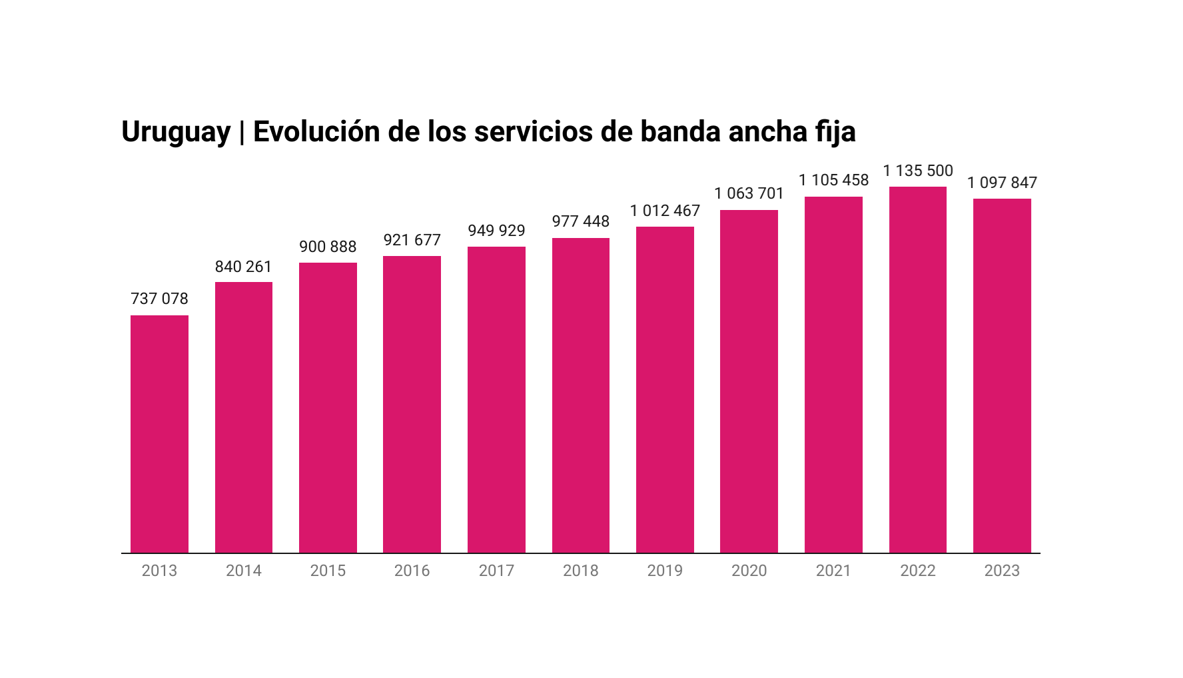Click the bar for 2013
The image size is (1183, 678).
click(x=159, y=434)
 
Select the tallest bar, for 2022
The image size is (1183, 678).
click(x=917, y=370)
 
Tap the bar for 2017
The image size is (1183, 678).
click(x=496, y=400)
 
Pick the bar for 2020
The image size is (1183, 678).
click(x=749, y=381)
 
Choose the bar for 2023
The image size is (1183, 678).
click(x=1002, y=376)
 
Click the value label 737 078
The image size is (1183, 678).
click(x=159, y=299)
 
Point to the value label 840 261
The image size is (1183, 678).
click(x=243, y=267)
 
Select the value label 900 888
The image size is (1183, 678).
click(x=328, y=247)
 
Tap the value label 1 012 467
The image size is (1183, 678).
click(x=665, y=211)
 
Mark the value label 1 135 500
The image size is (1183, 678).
click(x=918, y=171)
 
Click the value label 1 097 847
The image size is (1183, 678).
click(x=1002, y=183)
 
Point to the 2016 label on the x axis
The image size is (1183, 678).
click(x=412, y=571)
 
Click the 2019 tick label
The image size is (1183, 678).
click(x=665, y=571)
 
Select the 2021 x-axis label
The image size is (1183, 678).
click(x=833, y=571)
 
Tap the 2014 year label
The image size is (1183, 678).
click(x=243, y=571)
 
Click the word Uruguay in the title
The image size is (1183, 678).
click(x=176, y=132)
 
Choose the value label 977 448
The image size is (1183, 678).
click(x=580, y=221)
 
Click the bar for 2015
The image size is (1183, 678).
click(x=328, y=408)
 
